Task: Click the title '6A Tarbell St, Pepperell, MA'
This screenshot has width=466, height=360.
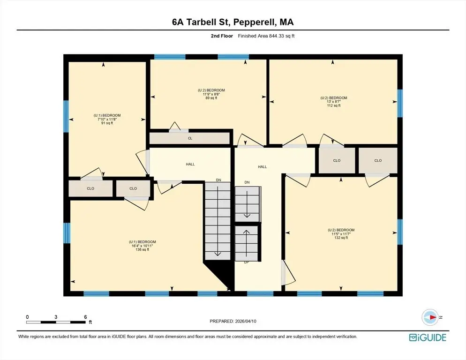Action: coord(233,22)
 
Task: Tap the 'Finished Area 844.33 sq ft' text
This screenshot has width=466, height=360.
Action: coord(266,36)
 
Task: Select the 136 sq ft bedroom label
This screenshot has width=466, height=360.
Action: coord(143,246)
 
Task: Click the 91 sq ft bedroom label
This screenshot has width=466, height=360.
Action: coord(107,119)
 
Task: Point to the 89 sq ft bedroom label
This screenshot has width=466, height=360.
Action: coord(211,94)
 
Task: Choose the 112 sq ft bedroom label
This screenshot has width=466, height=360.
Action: coord(333,102)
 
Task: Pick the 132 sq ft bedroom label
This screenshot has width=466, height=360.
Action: coord(341,233)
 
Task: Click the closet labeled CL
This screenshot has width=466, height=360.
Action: coord(190,138)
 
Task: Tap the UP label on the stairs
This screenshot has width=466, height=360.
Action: coord(247,262)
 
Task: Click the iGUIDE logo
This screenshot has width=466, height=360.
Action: coord(428,337)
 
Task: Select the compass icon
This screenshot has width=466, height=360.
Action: coord(430,317)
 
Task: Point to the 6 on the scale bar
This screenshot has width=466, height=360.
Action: coord(86,317)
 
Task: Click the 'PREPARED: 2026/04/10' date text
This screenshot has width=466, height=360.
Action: coord(233,322)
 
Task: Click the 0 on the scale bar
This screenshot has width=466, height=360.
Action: coord(27,317)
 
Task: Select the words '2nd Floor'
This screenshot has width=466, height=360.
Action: coord(222,36)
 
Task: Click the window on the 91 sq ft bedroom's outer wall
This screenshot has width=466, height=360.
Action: coord(66,116)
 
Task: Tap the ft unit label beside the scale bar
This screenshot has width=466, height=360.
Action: coord(90,322)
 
